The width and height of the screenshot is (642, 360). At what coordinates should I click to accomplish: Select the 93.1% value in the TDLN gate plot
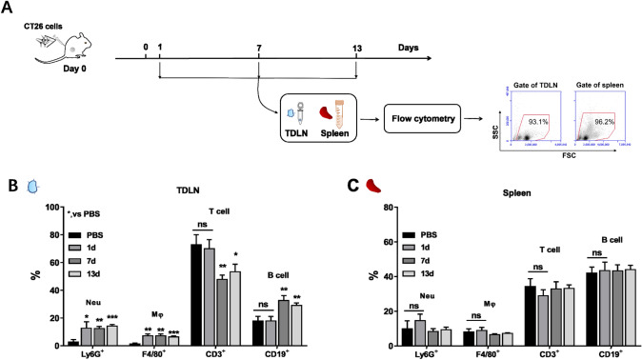tap(540, 121)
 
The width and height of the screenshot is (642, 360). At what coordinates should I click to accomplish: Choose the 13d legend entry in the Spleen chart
tap(429, 272)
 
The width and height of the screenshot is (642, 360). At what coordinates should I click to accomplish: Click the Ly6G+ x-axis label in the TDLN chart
tap(69, 352)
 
